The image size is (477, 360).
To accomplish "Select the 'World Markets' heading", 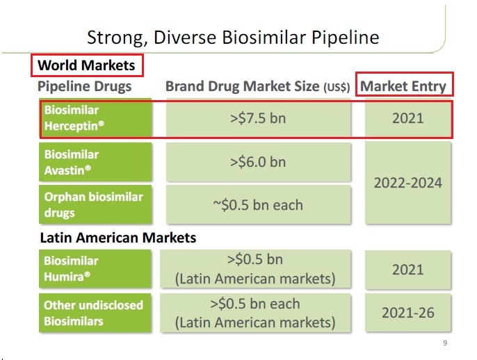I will point(87,66).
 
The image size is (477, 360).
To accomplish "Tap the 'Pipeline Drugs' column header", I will point(84,87).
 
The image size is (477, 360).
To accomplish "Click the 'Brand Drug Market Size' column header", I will point(243,87).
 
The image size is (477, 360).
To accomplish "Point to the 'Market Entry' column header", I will point(403,87).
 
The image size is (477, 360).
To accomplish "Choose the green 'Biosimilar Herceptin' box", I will point(95,118).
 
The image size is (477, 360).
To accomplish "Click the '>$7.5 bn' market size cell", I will point(258,118).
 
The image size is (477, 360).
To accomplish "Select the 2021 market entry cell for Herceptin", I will point(407,118).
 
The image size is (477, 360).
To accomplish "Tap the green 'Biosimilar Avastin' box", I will point(95,162).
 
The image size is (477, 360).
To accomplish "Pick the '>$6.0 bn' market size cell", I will point(258,162).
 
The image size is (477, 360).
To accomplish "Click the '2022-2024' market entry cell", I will point(407,183).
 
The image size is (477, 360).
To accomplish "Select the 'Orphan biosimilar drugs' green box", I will point(95,204).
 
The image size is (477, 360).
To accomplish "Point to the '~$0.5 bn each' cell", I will point(258,205).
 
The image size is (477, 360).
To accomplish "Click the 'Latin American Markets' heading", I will point(117,237).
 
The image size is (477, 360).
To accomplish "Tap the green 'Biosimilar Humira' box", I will point(95,269).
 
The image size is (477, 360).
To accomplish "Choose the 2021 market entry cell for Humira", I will point(407,269).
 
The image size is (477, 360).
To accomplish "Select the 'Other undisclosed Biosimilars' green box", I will point(95,313).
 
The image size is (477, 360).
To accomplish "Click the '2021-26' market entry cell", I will point(407,313).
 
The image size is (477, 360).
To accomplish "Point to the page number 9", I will point(444,343).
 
